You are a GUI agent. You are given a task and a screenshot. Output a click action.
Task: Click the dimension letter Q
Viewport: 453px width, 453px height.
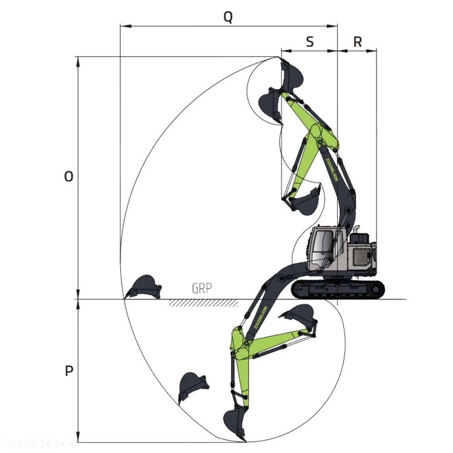click(228, 17)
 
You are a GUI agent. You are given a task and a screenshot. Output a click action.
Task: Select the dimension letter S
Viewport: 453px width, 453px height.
click(309, 42)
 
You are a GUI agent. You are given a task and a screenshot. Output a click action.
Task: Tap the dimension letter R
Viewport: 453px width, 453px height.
click(357, 42)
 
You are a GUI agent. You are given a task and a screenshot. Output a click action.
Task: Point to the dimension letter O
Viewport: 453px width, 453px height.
click(68, 177)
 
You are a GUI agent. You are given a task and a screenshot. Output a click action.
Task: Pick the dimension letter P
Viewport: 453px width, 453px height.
click(69, 371)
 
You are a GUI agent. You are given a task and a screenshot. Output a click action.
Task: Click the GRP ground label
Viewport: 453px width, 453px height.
click(202, 289)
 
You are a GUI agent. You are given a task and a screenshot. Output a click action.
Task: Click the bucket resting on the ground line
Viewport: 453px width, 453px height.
click(144, 287)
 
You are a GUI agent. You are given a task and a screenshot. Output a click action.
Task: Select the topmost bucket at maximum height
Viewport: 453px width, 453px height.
click(291, 76)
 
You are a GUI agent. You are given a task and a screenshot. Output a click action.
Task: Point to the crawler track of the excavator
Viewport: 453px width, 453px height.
click(338, 289)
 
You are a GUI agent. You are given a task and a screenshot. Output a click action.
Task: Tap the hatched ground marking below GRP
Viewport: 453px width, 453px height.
click(203, 303)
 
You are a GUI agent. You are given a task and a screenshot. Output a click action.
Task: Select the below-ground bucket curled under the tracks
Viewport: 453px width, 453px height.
click(299, 315)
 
